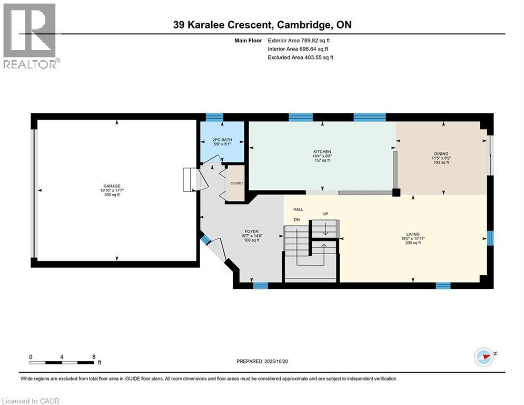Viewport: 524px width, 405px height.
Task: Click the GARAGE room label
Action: (x=112, y=186)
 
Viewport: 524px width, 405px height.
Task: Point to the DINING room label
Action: (x=441, y=153)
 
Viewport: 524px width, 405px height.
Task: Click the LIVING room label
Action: (x=412, y=234)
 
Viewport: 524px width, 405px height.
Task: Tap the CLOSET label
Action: (x=236, y=183)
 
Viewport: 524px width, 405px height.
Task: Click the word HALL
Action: (x=298, y=209)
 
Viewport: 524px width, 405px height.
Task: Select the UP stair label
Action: (x=325, y=214)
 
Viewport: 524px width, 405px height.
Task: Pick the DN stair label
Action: (x=296, y=219)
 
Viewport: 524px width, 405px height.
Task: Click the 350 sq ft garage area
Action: (x=112, y=195)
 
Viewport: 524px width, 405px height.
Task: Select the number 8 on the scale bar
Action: (x=93, y=356)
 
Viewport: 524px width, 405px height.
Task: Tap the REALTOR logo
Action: (x=30, y=36)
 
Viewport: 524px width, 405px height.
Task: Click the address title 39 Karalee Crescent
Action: (x=262, y=25)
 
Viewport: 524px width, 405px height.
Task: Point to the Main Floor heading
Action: (x=248, y=40)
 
